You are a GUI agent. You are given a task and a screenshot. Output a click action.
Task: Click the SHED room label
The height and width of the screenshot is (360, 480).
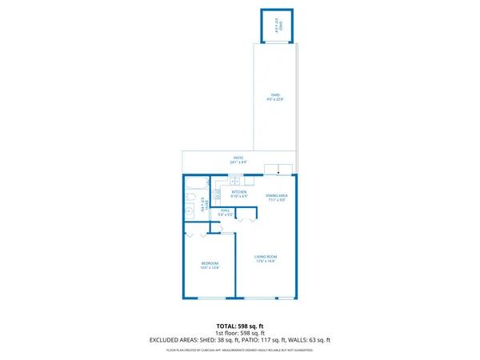click(x=278, y=25)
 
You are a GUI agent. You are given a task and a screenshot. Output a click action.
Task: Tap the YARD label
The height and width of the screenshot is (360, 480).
click(x=274, y=95)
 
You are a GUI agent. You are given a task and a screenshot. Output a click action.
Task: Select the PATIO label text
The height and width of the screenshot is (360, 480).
click(x=238, y=158)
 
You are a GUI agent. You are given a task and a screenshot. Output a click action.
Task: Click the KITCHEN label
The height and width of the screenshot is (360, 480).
click(x=239, y=191)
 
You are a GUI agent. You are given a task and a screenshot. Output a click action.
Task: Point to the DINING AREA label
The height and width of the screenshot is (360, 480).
click(x=276, y=195)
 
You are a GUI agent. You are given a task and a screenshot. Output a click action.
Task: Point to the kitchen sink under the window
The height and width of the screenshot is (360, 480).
click(x=235, y=180)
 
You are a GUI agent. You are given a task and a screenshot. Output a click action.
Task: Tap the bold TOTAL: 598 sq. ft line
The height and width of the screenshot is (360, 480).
click(x=240, y=326)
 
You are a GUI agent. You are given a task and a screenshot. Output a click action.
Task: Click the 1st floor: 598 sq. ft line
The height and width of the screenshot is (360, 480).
click(x=240, y=333)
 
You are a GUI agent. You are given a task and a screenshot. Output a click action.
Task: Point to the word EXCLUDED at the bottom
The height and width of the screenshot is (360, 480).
click(x=165, y=340)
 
